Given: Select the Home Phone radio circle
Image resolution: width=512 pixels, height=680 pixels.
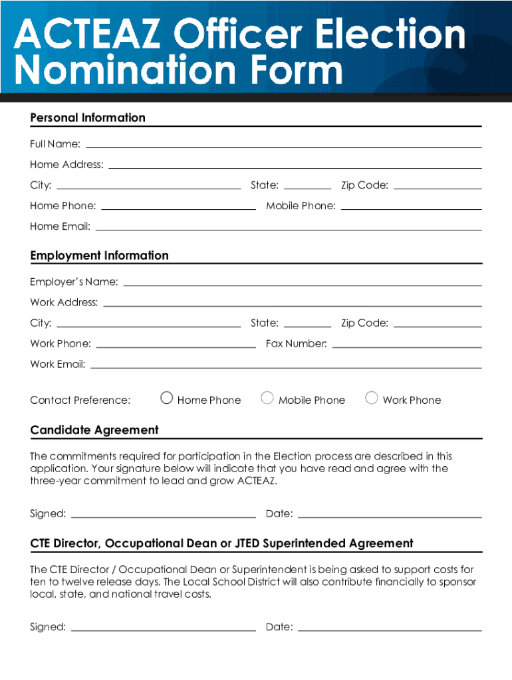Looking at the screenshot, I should pyautogui.click(x=167, y=398).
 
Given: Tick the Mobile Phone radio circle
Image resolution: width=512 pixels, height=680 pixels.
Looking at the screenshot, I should pyautogui.click(x=267, y=398).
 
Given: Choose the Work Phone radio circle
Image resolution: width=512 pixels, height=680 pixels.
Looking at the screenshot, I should pyautogui.click(x=372, y=398).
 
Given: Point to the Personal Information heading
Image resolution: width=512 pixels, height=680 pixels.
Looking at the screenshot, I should pyautogui.click(x=88, y=118).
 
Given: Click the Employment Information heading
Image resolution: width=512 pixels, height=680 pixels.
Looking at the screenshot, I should pyautogui.click(x=100, y=256).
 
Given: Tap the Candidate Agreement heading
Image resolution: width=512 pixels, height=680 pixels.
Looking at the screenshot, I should pyautogui.click(x=94, y=430).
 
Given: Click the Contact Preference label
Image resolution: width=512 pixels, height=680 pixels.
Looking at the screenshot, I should pyautogui.click(x=80, y=400).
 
